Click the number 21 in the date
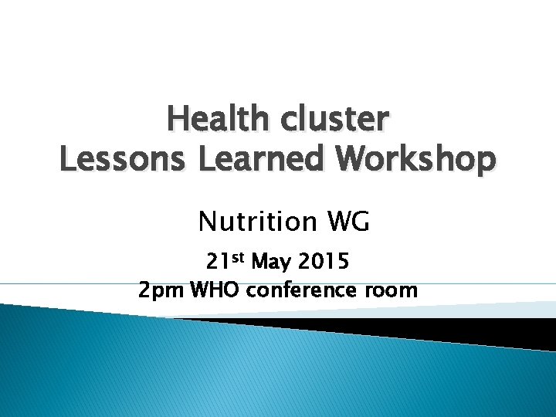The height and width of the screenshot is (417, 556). point(218,263)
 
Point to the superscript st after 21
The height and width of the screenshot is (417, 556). point(239,258)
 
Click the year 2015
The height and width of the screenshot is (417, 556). point(322,263)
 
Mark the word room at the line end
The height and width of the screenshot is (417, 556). point(393,291)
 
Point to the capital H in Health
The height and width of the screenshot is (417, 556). point(178,120)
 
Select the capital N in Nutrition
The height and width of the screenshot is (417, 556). point(207,222)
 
